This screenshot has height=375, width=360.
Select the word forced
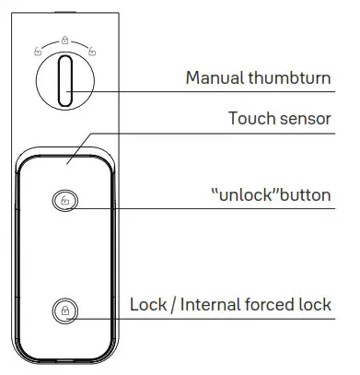(x=278, y=303)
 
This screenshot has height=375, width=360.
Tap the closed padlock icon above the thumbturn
(x=64, y=41)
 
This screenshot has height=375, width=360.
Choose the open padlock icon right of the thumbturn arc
(x=91, y=53)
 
